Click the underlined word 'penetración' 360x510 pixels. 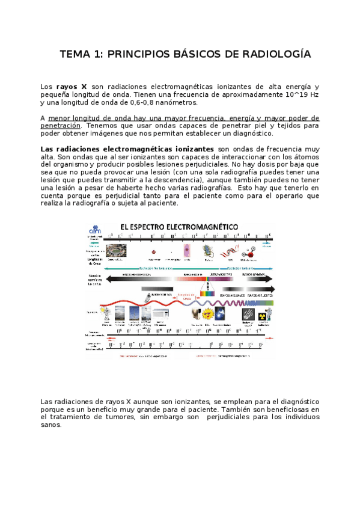(x=60, y=126)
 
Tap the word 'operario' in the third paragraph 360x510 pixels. (x=290, y=195)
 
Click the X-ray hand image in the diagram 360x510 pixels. (x=247, y=312)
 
